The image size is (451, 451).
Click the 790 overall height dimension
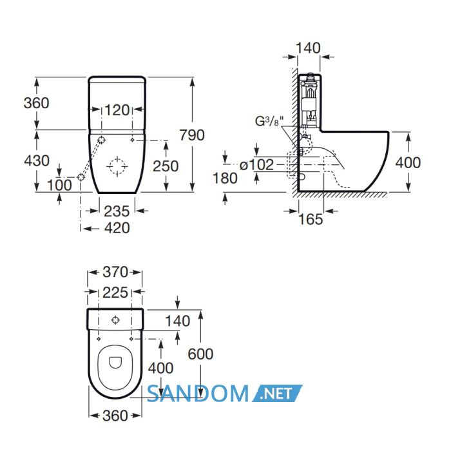pyautogui.click(x=192, y=135)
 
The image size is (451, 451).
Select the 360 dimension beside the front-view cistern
pyautogui.click(x=36, y=103)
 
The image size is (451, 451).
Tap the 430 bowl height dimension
pyautogui.click(x=37, y=160)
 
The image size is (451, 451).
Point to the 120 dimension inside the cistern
pyautogui.click(x=117, y=110)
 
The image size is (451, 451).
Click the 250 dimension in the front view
pyautogui.click(x=166, y=166)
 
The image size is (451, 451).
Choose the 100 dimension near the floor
pyautogui.click(x=59, y=185)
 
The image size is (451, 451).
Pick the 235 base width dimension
pyautogui.click(x=117, y=211)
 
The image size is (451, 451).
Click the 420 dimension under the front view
pyautogui.click(x=117, y=228)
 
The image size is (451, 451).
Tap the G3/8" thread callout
pyautogui.click(x=267, y=121)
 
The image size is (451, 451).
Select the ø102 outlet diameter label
pyautogui.click(x=256, y=165)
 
